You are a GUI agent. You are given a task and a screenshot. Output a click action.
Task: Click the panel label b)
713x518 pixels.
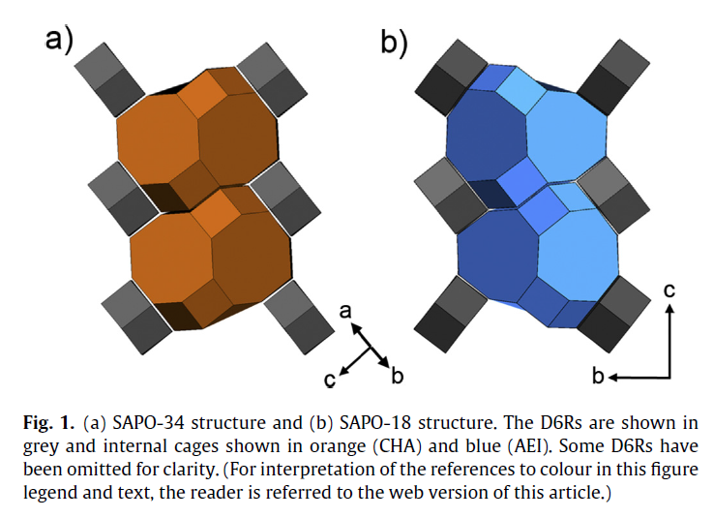click(393, 40)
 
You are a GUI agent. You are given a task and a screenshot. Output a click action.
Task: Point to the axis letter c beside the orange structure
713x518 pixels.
click(330, 381)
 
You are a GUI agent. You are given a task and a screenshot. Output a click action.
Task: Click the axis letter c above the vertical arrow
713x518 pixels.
click(668, 288)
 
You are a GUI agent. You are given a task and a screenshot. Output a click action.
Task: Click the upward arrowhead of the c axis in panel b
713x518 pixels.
click(668, 309)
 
